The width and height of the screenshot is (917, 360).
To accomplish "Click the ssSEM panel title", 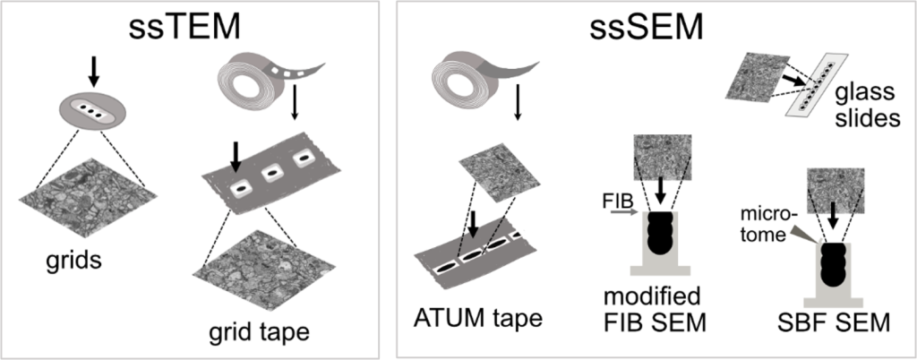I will tap(644, 29).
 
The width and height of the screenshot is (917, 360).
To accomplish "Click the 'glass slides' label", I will tap(866, 107).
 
